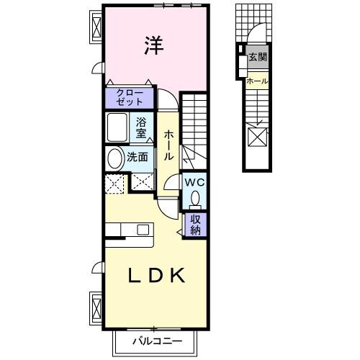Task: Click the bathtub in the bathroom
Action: tap(119, 128)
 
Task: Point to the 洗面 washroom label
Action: tap(138, 156)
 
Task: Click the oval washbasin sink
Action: tap(114, 158)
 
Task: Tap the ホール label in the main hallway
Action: tap(168, 145)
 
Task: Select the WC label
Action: tap(195, 182)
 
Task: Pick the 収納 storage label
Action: tap(196, 225)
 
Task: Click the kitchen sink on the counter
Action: tap(143, 230)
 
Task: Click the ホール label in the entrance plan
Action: tap(256, 81)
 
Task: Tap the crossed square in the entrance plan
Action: tap(257, 136)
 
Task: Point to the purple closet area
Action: tap(130, 97)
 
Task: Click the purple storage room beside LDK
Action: tap(196, 225)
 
